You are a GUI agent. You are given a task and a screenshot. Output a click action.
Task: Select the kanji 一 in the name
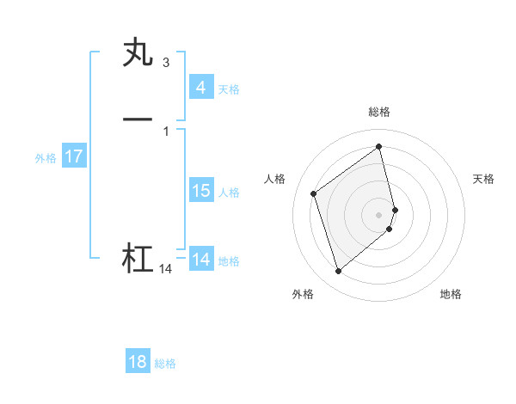[x=138, y=118]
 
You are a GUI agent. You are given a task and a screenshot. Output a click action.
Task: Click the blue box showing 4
[x=200, y=88]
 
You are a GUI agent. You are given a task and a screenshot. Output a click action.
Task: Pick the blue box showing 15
[x=200, y=191]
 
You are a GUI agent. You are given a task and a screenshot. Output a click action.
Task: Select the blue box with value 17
[x=74, y=156]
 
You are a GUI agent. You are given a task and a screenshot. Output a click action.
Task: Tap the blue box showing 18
[x=138, y=362]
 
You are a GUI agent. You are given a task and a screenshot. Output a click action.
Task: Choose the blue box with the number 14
[x=200, y=260]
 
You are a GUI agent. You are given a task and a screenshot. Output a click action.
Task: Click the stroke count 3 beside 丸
[x=165, y=63]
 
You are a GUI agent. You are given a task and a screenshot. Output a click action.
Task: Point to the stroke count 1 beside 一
[x=165, y=131]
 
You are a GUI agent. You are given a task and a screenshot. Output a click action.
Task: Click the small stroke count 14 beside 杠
[x=165, y=269]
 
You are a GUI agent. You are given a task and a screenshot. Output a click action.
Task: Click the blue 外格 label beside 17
[x=46, y=158]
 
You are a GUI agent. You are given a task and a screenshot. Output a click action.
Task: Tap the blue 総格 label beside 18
[x=165, y=364]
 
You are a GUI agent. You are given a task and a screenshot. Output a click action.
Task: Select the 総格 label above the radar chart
[x=379, y=112]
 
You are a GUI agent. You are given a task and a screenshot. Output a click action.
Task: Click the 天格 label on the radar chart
[x=484, y=179]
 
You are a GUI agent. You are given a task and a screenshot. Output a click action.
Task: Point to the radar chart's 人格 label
[x=275, y=179]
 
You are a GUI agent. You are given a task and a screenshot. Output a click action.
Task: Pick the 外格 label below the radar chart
[x=303, y=295]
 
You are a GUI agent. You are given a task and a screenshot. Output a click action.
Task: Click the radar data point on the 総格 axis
[x=379, y=146]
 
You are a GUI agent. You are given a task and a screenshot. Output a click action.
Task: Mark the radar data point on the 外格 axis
[x=338, y=272]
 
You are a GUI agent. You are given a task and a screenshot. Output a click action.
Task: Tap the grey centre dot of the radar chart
[x=379, y=214]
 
